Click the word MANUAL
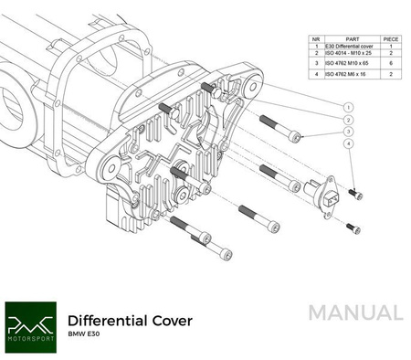(353, 312)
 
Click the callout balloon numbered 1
(348, 107)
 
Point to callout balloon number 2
(348, 120)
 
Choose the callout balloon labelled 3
(348, 132)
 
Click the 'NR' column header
(315, 38)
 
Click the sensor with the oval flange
(327, 193)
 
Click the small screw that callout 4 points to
(356, 195)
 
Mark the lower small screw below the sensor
(353, 228)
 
